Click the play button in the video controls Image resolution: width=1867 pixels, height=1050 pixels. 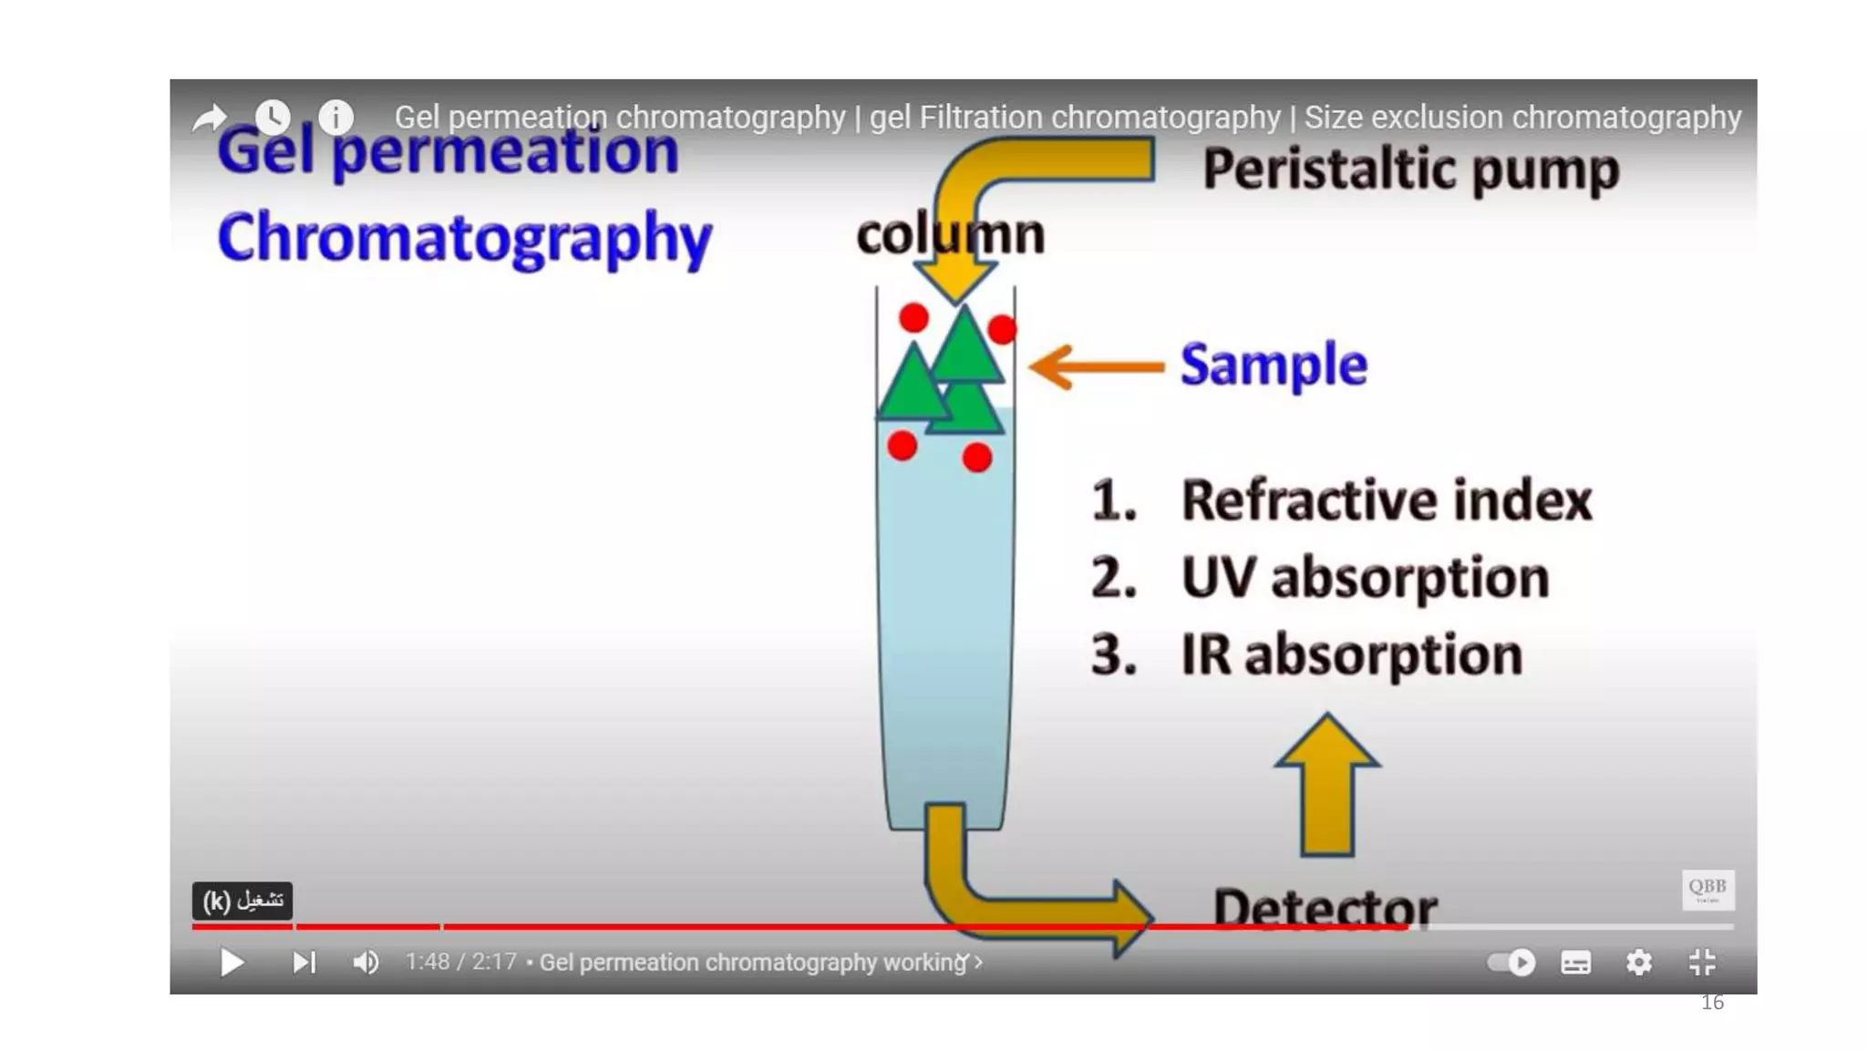pyautogui.click(x=232, y=962)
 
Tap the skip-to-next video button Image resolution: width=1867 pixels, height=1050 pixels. pyautogui.click(x=304, y=962)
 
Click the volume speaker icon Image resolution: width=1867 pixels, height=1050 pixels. pyautogui.click(x=366, y=962)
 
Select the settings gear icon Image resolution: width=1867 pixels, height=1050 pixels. pyautogui.click(x=1639, y=962)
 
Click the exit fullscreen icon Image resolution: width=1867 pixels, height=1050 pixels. pyautogui.click(x=1702, y=962)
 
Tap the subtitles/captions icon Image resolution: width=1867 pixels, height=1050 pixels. pyautogui.click(x=1576, y=962)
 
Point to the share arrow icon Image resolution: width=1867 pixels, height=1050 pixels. pyautogui.click(x=210, y=118)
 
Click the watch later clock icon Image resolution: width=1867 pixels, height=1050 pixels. pyautogui.click(x=273, y=117)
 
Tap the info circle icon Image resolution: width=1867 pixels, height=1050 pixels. pyautogui.click(x=336, y=117)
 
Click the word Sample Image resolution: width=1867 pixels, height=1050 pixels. pyautogui.click(x=1274, y=365)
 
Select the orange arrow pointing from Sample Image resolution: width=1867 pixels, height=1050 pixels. pyautogui.click(x=1097, y=366)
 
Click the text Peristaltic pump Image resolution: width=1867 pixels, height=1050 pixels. pyautogui.click(x=1410, y=170)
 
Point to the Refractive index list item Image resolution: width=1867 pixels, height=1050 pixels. pyautogui.click(x=1386, y=500)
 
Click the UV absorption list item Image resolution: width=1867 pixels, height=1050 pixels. pyautogui.click(x=1365, y=578)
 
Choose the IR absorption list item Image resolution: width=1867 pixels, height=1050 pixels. pyautogui.click(x=1351, y=655)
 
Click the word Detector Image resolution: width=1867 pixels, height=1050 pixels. pyautogui.click(x=1325, y=907)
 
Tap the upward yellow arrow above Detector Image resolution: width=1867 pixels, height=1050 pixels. pyautogui.click(x=1327, y=785)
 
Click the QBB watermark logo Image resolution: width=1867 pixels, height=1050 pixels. pyautogui.click(x=1707, y=889)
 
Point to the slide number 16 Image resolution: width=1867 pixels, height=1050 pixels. pyautogui.click(x=1712, y=1003)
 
